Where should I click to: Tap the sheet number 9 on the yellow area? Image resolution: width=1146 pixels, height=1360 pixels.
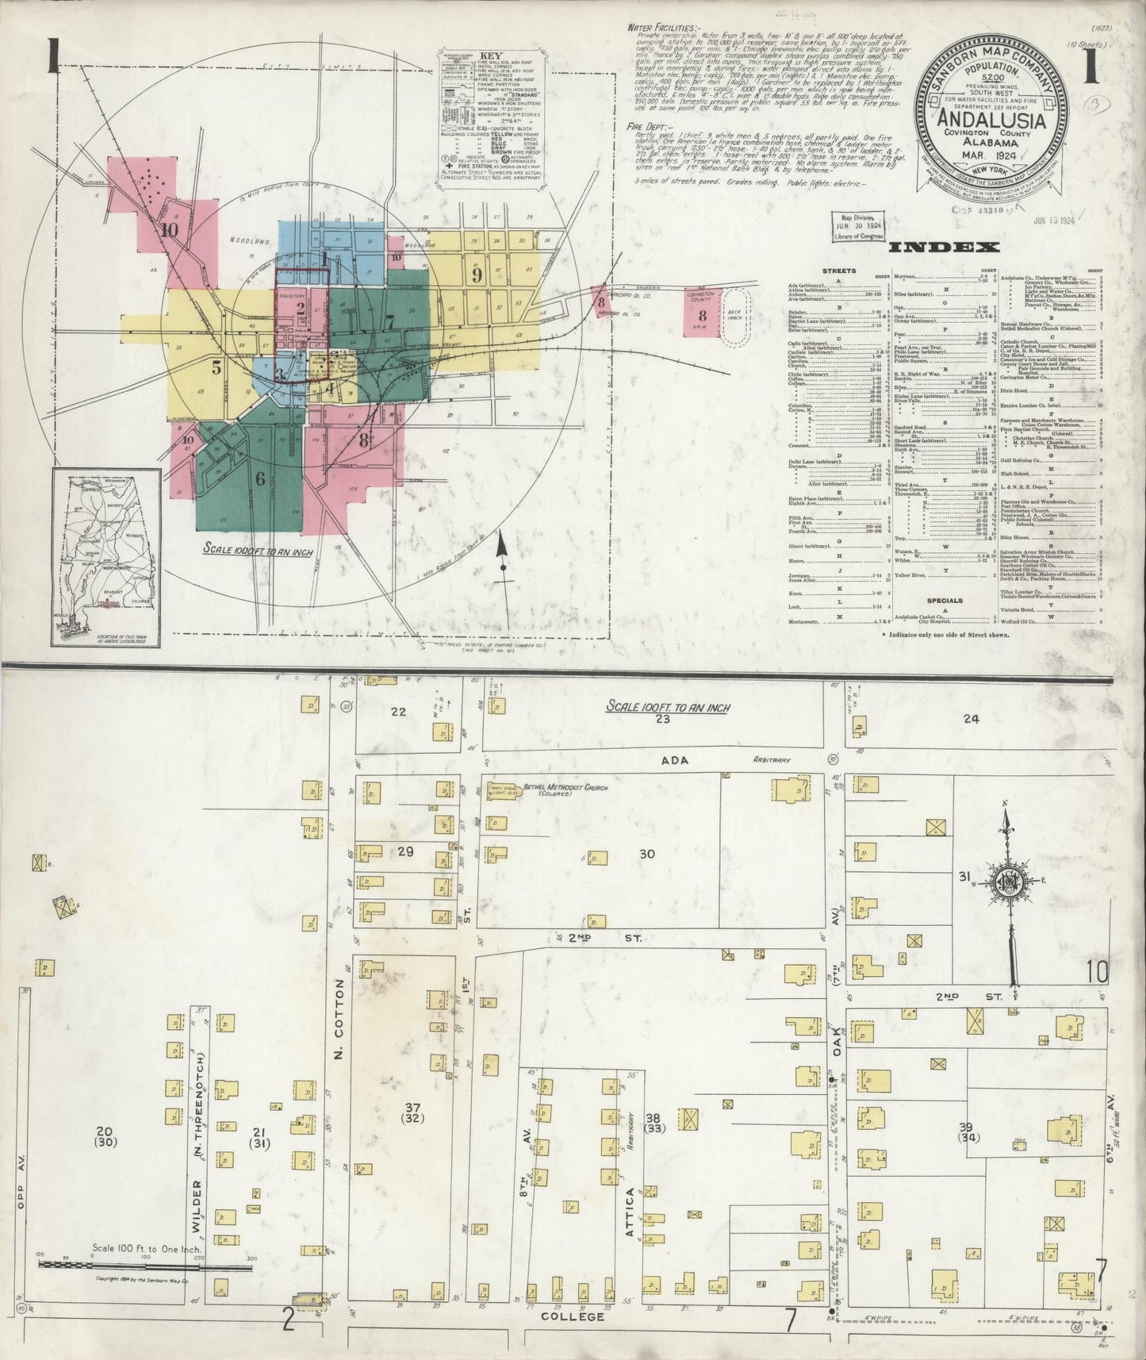[x=477, y=275]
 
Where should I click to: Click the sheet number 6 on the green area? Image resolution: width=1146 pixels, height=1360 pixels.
[x=259, y=478]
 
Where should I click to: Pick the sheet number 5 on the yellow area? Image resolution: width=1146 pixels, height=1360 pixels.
[x=216, y=367]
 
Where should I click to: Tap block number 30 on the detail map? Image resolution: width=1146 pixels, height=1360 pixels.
[x=647, y=854]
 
